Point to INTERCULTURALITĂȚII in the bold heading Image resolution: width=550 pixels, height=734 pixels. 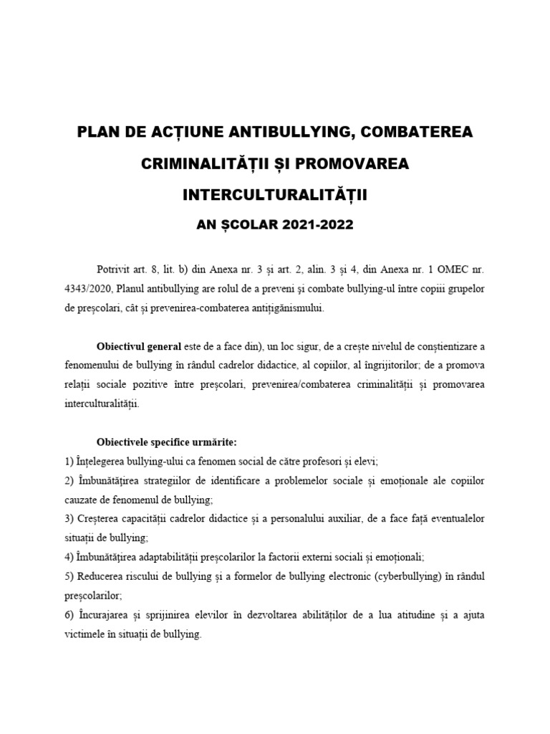click(x=275, y=195)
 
